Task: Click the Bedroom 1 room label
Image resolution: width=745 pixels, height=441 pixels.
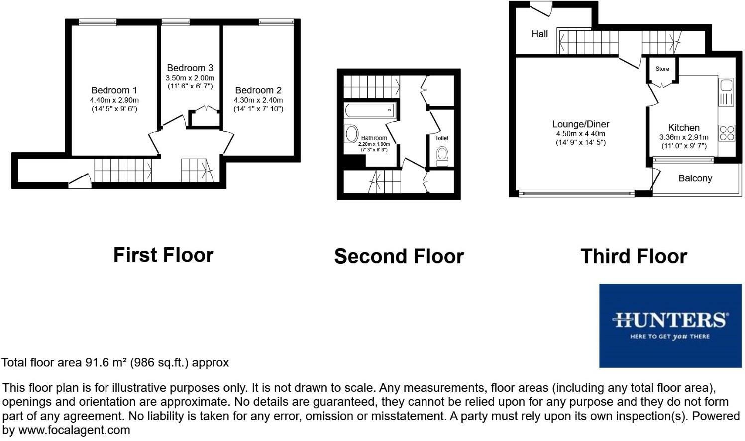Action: (114, 90)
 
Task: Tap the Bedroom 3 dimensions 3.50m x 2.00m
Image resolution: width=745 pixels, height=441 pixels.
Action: (190, 78)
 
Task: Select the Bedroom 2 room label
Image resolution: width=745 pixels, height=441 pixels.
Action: (258, 90)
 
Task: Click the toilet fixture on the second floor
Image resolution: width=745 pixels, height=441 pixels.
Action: (442, 156)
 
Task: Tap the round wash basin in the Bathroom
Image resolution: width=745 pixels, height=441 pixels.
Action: (351, 134)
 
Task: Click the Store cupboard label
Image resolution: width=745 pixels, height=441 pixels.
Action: (662, 69)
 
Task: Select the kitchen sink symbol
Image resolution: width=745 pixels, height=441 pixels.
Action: (726, 92)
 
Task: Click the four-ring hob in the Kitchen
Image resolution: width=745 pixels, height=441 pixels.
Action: (726, 133)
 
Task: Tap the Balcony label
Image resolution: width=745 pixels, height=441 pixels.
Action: (695, 178)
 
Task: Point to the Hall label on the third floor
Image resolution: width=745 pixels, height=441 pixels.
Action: (540, 34)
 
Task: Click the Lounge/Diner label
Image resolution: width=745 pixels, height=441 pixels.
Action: (581, 124)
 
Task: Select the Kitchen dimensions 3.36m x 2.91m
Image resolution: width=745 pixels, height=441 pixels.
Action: (684, 138)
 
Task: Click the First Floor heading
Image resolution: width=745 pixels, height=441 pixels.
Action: (163, 255)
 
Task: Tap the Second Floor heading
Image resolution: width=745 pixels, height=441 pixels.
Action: (399, 256)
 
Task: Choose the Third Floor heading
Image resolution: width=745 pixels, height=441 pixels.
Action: (634, 256)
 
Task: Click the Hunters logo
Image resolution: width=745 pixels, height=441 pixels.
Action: (670, 326)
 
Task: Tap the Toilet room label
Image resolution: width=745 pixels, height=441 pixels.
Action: (441, 138)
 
